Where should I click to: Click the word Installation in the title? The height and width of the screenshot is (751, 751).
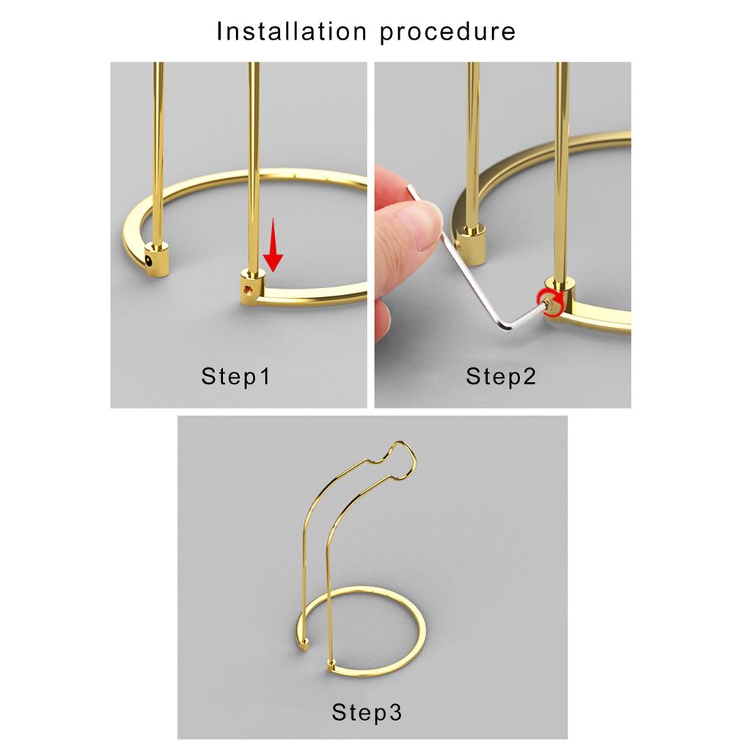(x=292, y=32)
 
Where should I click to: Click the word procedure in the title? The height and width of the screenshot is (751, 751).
(x=448, y=32)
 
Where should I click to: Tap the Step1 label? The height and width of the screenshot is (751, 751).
(x=235, y=376)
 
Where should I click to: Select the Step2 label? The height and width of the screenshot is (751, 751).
(x=500, y=376)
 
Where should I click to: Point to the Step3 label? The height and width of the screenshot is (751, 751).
(x=367, y=712)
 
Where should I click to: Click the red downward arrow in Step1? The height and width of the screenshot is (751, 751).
(x=273, y=245)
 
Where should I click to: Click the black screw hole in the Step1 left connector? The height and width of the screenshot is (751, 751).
(x=150, y=262)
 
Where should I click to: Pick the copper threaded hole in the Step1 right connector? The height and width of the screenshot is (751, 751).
(x=248, y=289)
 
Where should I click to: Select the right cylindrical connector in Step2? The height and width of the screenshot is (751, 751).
(x=560, y=297)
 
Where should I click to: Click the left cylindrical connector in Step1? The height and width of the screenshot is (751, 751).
(x=158, y=260)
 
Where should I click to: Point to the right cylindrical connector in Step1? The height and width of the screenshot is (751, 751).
(x=252, y=287)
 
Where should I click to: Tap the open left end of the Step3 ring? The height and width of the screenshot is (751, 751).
(x=304, y=643)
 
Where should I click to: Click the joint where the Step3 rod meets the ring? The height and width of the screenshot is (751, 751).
(x=331, y=664)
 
